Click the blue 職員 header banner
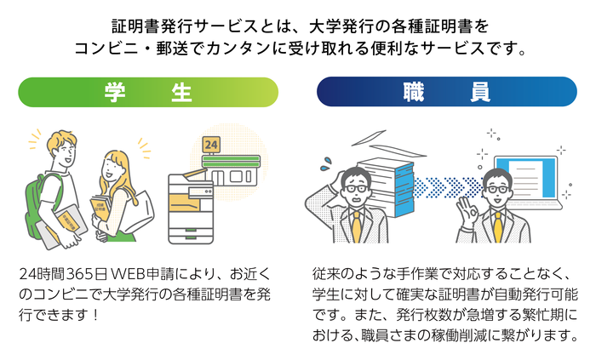pos(446,92)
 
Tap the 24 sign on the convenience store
pos(212,145)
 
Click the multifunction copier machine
pos(192,204)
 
